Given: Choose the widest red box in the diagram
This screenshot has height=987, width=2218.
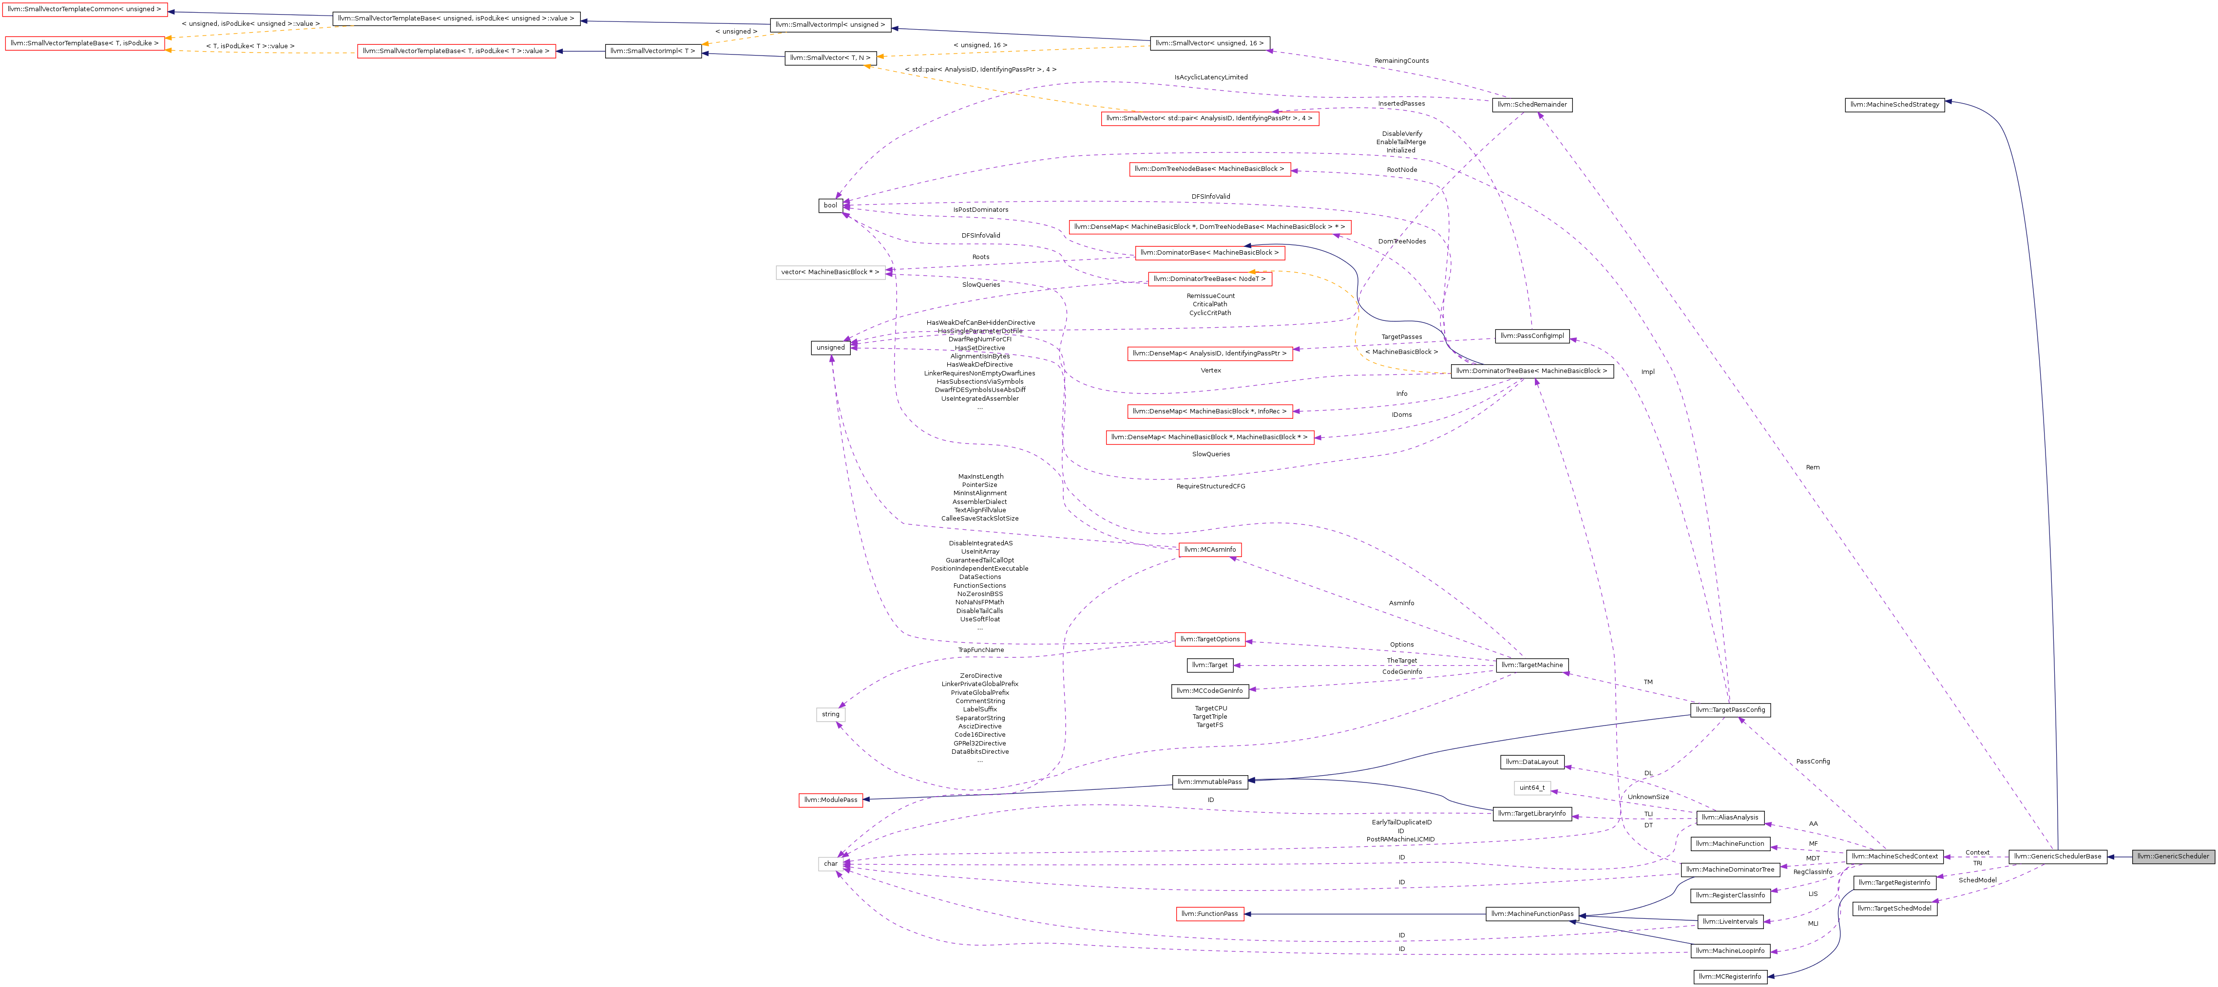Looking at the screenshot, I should click(1210, 228).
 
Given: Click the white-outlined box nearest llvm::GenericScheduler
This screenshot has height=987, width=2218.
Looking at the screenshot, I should click(1532, 788).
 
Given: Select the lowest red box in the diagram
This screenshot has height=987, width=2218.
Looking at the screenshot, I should click(1210, 914).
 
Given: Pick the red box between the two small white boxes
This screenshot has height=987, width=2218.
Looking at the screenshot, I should click(831, 801).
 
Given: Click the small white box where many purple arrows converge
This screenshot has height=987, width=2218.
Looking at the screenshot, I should click(830, 864).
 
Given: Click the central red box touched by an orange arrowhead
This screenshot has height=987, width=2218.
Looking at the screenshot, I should click(1210, 279).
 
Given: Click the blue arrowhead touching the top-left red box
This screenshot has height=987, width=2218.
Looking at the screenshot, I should click(172, 12).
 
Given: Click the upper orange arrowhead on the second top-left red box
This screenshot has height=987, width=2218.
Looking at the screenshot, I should click(169, 38).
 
